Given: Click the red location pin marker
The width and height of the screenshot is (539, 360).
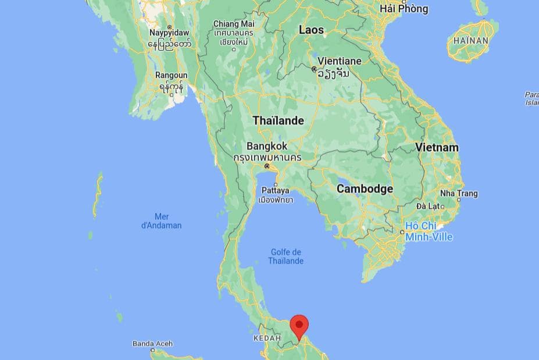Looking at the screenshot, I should [x=299, y=326].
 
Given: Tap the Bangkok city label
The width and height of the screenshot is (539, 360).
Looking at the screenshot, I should [x=267, y=146].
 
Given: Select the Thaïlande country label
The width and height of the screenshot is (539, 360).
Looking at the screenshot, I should [x=278, y=121].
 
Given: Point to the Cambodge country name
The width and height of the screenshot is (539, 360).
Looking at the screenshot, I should [x=365, y=188].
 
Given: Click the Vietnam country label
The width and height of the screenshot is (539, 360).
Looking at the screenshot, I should [x=437, y=148].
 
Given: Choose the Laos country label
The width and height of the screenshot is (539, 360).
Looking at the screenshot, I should [x=311, y=30].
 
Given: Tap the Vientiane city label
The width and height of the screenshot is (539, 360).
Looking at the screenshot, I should [x=339, y=60].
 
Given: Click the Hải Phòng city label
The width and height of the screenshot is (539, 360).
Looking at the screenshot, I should [x=404, y=9].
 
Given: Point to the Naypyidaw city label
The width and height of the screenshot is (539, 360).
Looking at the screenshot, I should [x=169, y=33].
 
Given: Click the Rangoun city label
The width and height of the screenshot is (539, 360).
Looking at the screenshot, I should [x=172, y=76].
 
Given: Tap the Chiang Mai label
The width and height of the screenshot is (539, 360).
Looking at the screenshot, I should [x=234, y=24].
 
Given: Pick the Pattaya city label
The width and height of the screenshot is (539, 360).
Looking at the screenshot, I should [x=275, y=190].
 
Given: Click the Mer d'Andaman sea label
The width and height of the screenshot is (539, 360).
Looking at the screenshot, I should [x=162, y=221].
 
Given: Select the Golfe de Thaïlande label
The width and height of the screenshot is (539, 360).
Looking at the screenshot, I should [x=285, y=256].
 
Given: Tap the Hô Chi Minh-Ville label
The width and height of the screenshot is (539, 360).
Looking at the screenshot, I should [x=429, y=231].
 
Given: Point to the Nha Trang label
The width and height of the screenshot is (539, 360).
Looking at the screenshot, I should [x=459, y=193].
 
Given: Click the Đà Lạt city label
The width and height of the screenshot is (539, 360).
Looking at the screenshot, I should [x=427, y=206].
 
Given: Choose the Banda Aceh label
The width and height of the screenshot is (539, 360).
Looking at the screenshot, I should [x=152, y=344].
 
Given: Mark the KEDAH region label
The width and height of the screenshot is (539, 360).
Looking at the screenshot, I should [x=267, y=338].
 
